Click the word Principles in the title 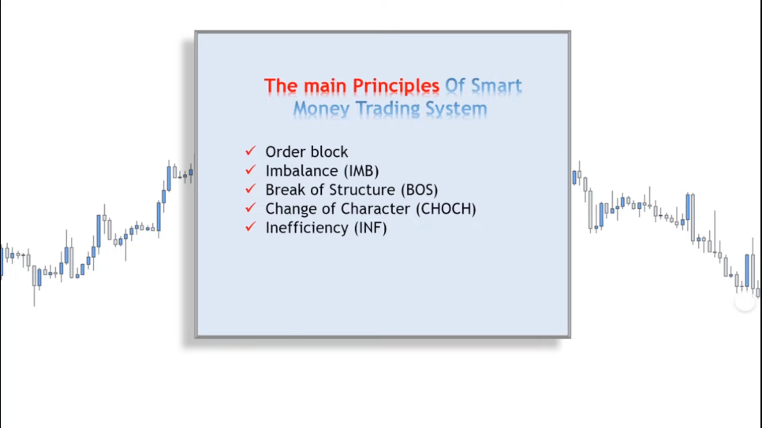click(395, 87)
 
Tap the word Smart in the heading click(495, 85)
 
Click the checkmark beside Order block click(250, 151)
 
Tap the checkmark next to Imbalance click(250, 169)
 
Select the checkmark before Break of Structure click(250, 188)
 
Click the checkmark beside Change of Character click(250, 207)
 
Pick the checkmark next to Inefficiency click(250, 226)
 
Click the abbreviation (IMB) click(361, 171)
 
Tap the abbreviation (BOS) click(420, 190)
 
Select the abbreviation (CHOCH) click(446, 209)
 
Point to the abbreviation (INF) click(370, 228)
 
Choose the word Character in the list click(375, 209)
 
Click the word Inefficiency click(307, 228)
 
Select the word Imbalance click(302, 171)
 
